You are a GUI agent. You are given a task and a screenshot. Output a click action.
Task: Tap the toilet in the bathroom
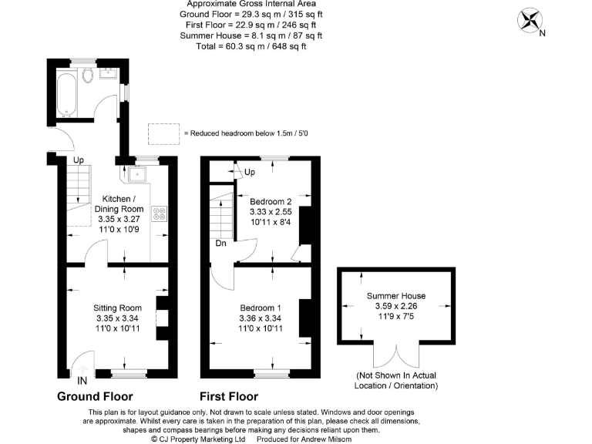pos(88,75)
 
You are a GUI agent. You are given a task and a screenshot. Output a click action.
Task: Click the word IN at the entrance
pos(82,379)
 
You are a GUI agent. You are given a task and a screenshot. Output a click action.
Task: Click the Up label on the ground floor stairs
pos(79,160)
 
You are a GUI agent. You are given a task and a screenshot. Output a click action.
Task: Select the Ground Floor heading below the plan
pos(95,397)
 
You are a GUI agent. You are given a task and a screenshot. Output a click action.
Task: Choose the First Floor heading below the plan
pos(229,397)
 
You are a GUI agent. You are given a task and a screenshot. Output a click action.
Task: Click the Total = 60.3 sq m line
pos(251,45)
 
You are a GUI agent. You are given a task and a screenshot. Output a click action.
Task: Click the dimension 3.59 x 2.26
pos(395,306)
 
